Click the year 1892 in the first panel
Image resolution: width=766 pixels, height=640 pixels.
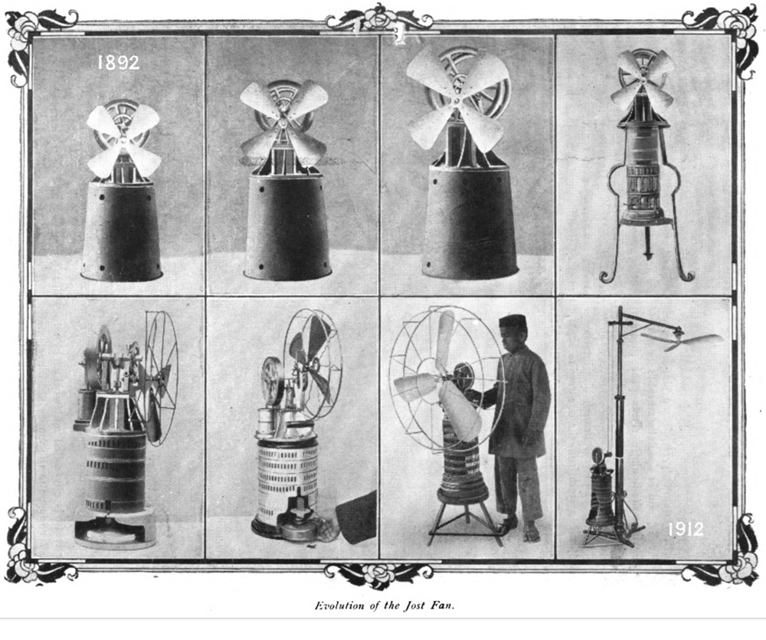click(119, 62)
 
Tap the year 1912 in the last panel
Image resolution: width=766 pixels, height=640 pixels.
click(686, 529)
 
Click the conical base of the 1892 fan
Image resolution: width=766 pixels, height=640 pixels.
click(121, 230)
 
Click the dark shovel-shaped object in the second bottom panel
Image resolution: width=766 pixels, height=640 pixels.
click(358, 514)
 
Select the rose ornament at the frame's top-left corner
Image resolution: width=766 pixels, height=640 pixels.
click(24, 28)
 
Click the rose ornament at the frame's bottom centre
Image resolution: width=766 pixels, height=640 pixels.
click(379, 573)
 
